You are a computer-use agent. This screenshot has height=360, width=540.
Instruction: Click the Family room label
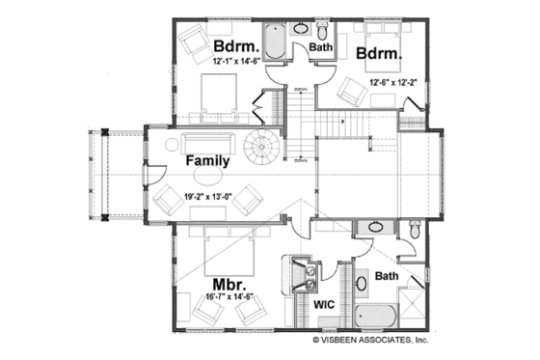point(207,161)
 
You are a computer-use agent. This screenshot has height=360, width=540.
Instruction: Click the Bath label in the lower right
point(386,276)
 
